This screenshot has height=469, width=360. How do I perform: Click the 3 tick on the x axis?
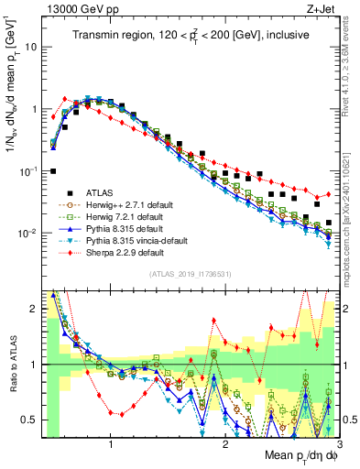[x=339, y=444]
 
